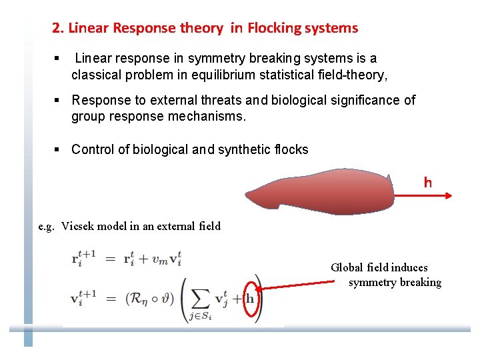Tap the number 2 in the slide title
(x=56, y=28)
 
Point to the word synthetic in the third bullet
(x=245, y=149)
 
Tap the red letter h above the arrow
(x=428, y=183)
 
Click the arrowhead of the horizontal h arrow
(x=449, y=195)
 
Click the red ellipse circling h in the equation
(x=251, y=298)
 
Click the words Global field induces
(x=379, y=267)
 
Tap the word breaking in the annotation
(x=421, y=283)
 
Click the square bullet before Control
(x=57, y=149)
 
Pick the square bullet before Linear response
(x=57, y=59)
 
